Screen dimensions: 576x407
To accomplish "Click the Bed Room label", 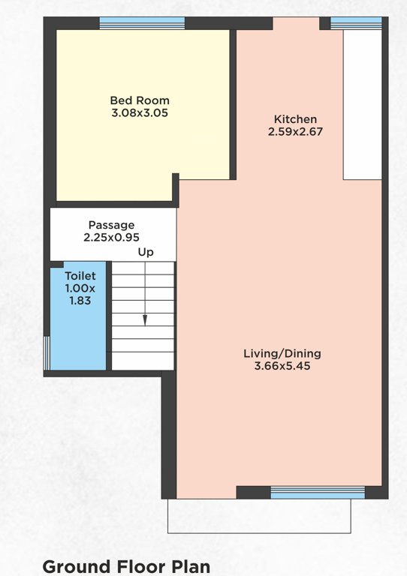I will (x=140, y=100).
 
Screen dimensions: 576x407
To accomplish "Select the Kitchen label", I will (x=295, y=119).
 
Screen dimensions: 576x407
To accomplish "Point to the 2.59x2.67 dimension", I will (x=295, y=131).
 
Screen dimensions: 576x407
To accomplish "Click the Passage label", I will (x=111, y=225).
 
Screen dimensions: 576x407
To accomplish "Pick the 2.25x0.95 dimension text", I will (x=111, y=237).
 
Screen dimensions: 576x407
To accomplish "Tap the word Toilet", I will (x=80, y=276).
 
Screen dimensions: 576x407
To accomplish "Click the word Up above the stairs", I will (x=146, y=253).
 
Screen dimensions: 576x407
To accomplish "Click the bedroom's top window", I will (x=142, y=23).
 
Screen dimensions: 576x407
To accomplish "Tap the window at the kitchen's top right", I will (x=356, y=23).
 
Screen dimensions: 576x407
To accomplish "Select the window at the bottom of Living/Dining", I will (x=317, y=492).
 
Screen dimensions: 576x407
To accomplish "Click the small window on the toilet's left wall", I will (x=47, y=352).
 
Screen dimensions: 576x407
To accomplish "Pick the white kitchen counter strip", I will (x=363, y=105).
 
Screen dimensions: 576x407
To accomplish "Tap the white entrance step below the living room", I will (x=259, y=516).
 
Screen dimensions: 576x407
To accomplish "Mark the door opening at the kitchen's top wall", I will (x=296, y=23).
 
